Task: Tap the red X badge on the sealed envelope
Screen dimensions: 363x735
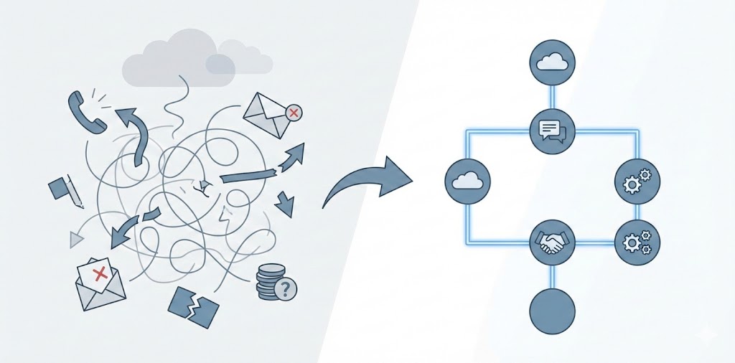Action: click(293, 113)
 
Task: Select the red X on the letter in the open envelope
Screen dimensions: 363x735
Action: click(100, 273)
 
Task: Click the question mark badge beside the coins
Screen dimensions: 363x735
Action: click(286, 289)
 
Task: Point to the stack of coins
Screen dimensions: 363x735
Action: click(269, 281)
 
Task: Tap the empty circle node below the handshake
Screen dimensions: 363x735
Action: click(552, 311)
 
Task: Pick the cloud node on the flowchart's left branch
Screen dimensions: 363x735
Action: click(467, 180)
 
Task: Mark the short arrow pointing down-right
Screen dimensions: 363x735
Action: click(284, 203)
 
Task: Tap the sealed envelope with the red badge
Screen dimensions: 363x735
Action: click(268, 114)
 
